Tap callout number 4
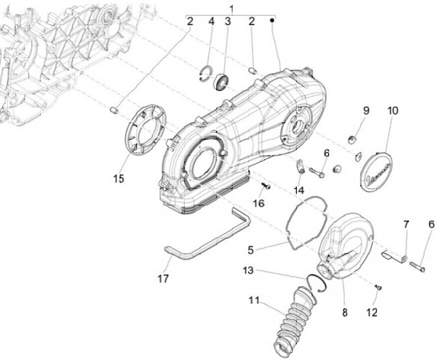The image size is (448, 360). coord(211,21)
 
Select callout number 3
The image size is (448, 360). coord(228,21)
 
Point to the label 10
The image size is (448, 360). coord(392,111)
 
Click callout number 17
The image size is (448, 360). coord(163,279)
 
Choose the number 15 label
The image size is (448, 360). coord(119,179)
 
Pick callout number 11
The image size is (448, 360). coord(253,300)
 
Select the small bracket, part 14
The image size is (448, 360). coord(300,167)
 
